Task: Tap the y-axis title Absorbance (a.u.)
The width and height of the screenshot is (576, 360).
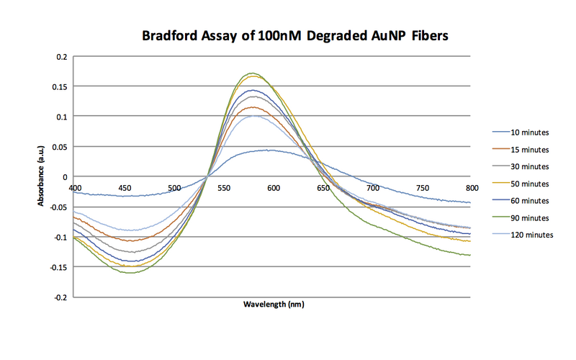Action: pos(42,176)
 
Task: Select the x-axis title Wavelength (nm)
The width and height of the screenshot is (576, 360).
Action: pos(273,305)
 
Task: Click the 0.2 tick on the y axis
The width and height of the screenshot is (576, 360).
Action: pos(61,56)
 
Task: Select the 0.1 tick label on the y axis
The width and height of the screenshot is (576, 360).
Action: pos(61,117)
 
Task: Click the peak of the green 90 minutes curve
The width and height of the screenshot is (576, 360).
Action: pos(251,73)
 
